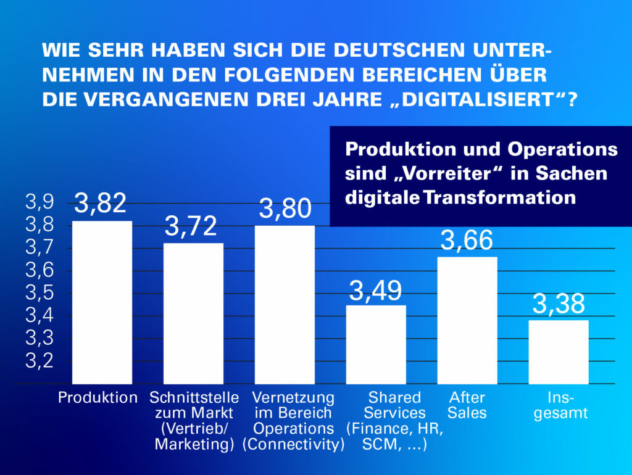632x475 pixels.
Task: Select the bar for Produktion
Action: [x=102, y=302]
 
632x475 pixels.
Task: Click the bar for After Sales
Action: [x=467, y=321]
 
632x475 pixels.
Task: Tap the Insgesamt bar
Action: [x=559, y=352]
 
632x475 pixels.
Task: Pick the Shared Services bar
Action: [x=376, y=344]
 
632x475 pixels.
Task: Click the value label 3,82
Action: [x=101, y=204]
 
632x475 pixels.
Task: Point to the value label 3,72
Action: [x=191, y=227]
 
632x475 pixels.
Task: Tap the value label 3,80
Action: [x=285, y=209]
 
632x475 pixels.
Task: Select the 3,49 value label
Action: [x=375, y=290]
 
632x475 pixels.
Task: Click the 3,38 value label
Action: [x=559, y=304]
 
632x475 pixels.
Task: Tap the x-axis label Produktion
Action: [x=98, y=397]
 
